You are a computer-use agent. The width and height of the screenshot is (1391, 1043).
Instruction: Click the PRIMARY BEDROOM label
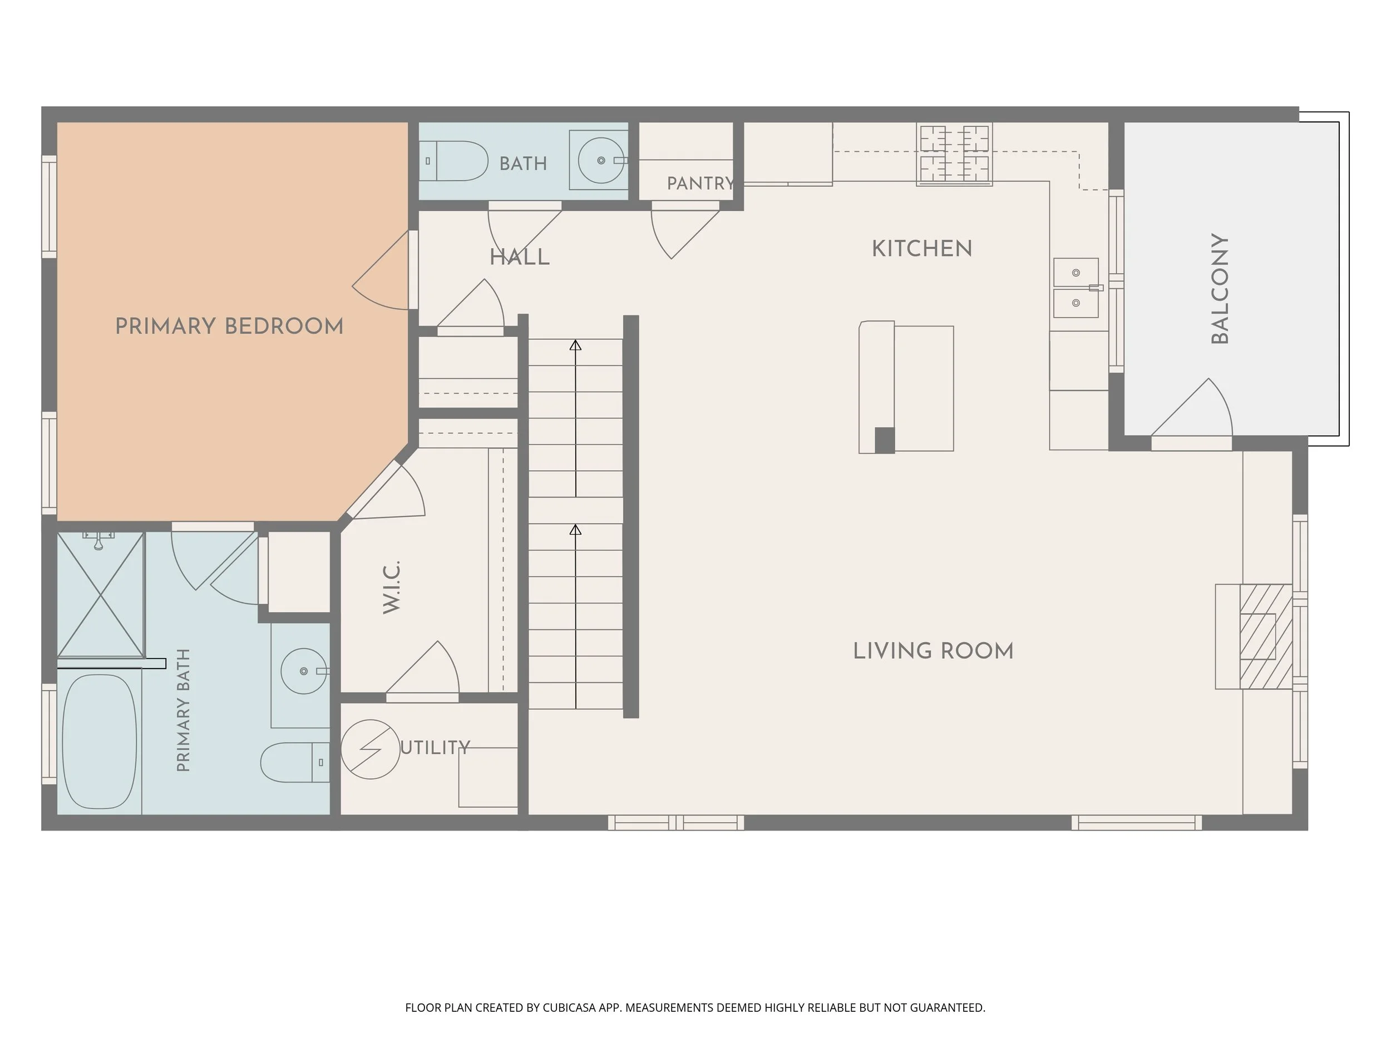(230, 327)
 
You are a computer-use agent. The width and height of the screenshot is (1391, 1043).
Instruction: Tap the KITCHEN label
(922, 249)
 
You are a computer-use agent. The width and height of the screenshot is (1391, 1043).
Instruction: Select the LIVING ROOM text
(933, 651)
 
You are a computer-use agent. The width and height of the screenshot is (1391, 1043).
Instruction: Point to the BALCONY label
(1219, 289)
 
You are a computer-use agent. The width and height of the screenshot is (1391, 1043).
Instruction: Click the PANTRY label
(701, 184)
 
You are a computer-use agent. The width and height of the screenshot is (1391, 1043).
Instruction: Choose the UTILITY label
(435, 748)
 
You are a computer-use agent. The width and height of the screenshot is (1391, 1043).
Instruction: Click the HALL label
(520, 257)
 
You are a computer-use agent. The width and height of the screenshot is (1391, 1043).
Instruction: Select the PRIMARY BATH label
(183, 710)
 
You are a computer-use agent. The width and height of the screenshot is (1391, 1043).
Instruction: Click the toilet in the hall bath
(454, 161)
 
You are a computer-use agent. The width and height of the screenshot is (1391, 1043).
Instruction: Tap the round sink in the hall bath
(601, 160)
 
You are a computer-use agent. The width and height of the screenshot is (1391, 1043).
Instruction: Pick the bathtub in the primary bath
(100, 742)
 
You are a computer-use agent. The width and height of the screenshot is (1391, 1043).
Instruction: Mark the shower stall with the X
(101, 595)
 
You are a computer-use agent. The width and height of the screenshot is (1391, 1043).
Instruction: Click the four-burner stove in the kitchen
(954, 154)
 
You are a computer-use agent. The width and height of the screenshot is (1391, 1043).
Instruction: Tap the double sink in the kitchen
(1076, 288)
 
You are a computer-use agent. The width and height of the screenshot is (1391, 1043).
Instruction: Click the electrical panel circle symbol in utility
(371, 749)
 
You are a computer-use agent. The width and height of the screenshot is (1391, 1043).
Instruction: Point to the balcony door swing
(1192, 407)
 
